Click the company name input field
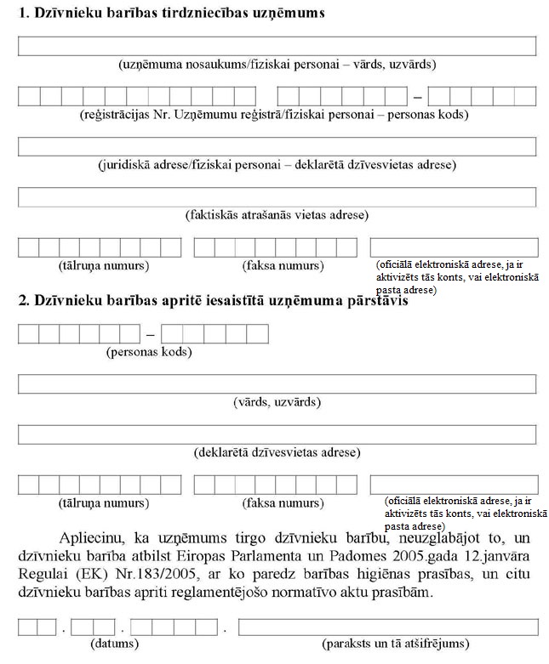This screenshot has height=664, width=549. point(277,46)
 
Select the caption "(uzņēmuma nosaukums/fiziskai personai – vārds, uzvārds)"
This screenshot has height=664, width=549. point(277,65)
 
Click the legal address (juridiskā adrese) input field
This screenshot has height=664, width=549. point(277,146)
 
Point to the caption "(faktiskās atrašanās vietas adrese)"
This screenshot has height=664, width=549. point(277,215)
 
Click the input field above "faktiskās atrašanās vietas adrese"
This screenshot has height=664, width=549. point(277,196)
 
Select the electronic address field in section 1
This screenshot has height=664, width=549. point(453,247)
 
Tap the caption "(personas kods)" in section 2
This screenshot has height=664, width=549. point(149,351)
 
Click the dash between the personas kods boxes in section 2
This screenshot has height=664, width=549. point(151,334)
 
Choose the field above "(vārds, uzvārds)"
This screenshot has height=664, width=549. point(277,383)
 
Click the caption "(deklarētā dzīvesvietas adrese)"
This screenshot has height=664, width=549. point(277,452)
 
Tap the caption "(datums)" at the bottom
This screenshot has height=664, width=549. point(114,644)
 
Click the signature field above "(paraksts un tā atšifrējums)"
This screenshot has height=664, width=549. point(388,627)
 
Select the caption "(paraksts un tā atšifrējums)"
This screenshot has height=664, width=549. point(395,644)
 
